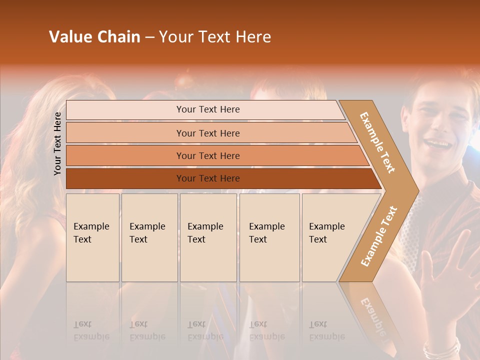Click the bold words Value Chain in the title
[x=94, y=37]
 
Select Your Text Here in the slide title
[x=215, y=37]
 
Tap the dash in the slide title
[x=149, y=37]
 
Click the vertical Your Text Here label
[x=57, y=143]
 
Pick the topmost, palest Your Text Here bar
[x=207, y=109]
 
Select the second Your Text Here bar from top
[x=207, y=133]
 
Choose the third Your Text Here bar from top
[x=207, y=155]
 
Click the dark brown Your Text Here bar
[x=207, y=178]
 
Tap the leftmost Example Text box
[x=92, y=237]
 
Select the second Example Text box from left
[x=149, y=237]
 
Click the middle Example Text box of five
[x=208, y=237]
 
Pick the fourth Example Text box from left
[x=269, y=237]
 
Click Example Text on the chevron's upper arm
[x=377, y=142]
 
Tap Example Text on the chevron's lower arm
[x=379, y=236]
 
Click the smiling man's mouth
[x=438, y=144]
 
